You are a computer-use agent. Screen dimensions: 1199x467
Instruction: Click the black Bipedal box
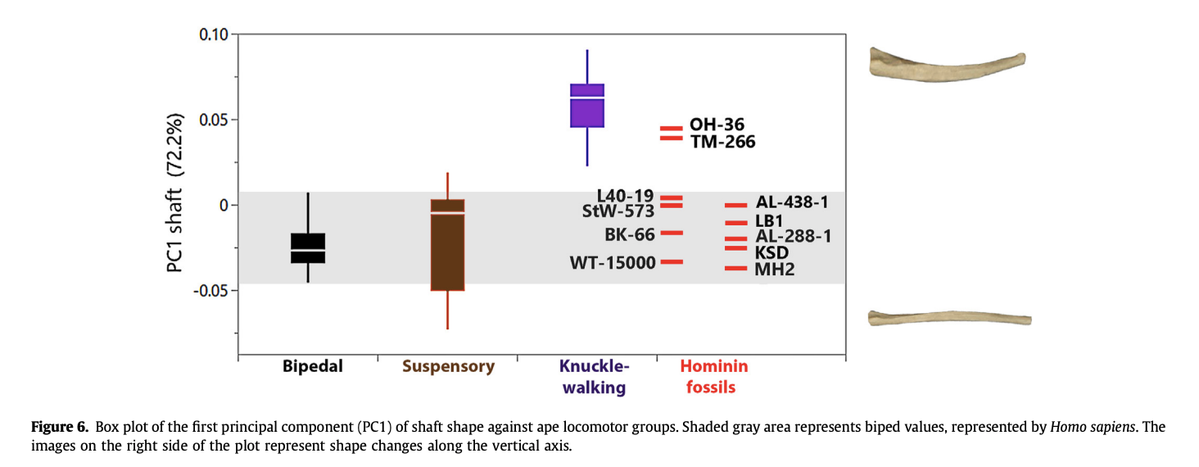tap(308, 248)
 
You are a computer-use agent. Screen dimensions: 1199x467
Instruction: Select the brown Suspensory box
tap(447, 245)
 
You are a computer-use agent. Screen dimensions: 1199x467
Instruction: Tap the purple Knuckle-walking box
tap(587, 106)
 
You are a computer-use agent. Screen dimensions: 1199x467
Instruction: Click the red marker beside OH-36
tap(672, 129)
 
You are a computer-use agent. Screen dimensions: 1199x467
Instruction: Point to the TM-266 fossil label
tap(722, 142)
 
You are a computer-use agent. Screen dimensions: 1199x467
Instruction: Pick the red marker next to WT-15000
tap(672, 262)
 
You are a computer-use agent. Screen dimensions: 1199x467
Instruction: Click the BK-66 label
tap(630, 234)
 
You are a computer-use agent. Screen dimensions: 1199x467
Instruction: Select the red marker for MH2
tap(736, 268)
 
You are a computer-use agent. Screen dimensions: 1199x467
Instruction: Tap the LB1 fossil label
tap(769, 220)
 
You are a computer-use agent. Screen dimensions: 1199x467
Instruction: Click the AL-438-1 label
tap(792, 202)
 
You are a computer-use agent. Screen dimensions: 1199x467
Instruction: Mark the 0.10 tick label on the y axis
tap(214, 34)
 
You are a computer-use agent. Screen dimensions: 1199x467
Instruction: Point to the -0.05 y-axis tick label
tap(210, 291)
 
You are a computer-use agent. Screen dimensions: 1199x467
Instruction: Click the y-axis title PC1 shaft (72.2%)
tap(175, 193)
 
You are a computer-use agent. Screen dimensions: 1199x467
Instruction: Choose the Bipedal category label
tap(313, 366)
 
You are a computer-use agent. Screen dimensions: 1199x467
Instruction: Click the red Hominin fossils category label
tap(713, 377)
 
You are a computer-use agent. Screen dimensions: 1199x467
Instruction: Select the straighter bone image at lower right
tap(949, 318)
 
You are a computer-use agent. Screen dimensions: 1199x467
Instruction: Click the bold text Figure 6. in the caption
tap(60, 427)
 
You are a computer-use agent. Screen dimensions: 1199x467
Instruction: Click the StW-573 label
tap(618, 211)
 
